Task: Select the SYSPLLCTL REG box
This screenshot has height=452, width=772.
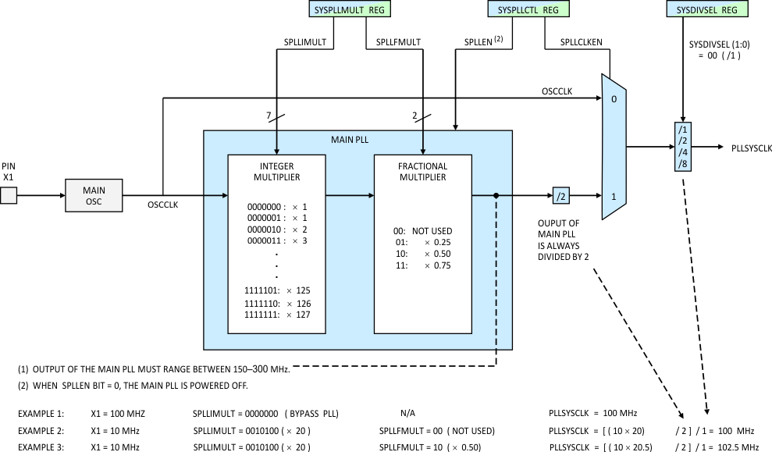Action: pyautogui.click(x=528, y=9)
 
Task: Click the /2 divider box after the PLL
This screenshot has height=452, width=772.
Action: pyautogui.click(x=562, y=195)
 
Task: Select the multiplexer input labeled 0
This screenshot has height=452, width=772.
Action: pyautogui.click(x=614, y=99)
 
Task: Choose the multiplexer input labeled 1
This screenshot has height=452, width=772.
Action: pyautogui.click(x=614, y=196)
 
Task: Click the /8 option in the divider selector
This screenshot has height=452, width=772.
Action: pyautogui.click(x=683, y=164)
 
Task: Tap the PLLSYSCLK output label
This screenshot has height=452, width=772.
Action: pyautogui.click(x=751, y=147)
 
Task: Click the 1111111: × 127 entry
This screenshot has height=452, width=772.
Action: pyautogui.click(x=277, y=315)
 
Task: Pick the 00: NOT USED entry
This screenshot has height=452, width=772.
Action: pyautogui.click(x=423, y=231)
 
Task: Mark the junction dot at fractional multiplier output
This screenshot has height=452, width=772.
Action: pyautogui.click(x=496, y=195)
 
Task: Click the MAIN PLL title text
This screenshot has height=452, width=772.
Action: pyautogui.click(x=357, y=141)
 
